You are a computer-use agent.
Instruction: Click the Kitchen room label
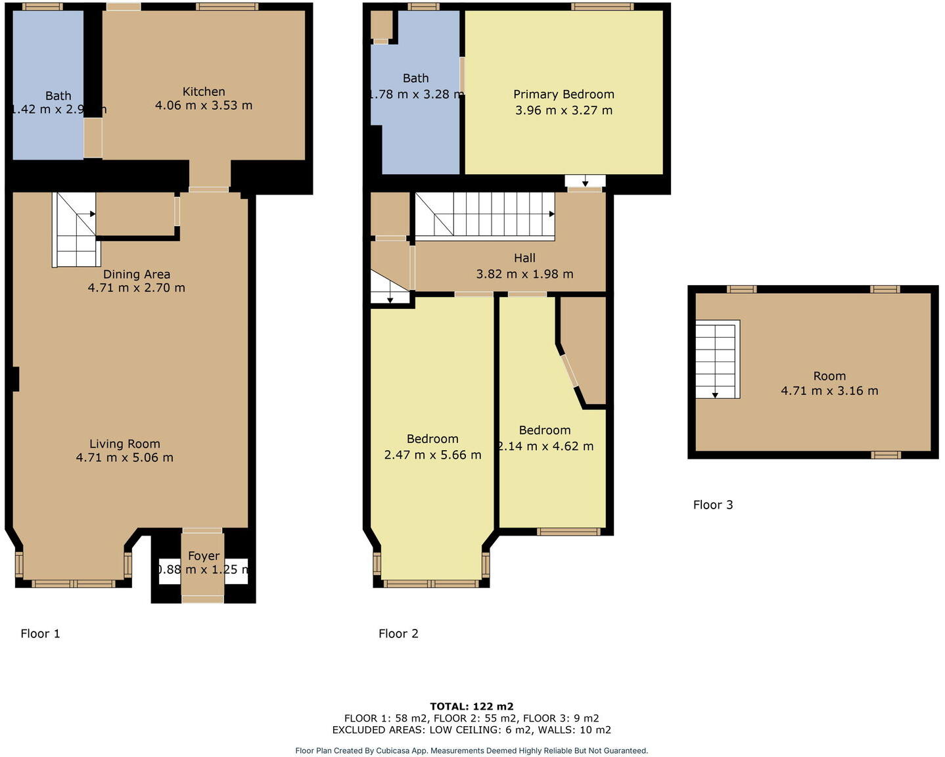tap(204, 92)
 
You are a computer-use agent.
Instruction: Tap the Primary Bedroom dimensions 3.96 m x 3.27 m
tap(564, 110)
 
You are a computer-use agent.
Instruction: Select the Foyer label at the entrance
tap(204, 556)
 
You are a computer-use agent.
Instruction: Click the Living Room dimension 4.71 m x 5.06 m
tap(125, 458)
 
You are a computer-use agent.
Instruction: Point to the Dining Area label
tap(137, 274)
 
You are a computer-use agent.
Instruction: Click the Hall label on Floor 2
tap(524, 258)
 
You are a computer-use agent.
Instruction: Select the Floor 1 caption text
tap(40, 633)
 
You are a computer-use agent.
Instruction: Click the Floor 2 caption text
tap(398, 633)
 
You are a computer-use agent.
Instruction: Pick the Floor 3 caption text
tap(713, 505)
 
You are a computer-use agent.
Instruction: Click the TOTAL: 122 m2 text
tap(472, 707)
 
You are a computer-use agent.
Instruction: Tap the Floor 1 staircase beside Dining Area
tap(75, 230)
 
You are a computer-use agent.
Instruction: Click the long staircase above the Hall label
tap(485, 214)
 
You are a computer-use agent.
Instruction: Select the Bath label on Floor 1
tap(58, 96)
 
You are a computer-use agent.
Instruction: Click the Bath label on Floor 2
tap(415, 78)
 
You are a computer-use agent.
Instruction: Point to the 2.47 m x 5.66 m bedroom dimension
tap(432, 455)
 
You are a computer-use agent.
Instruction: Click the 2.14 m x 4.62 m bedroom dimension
tap(545, 446)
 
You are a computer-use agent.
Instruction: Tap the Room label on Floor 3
tap(829, 376)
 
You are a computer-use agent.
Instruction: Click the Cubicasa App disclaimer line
tap(472, 750)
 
